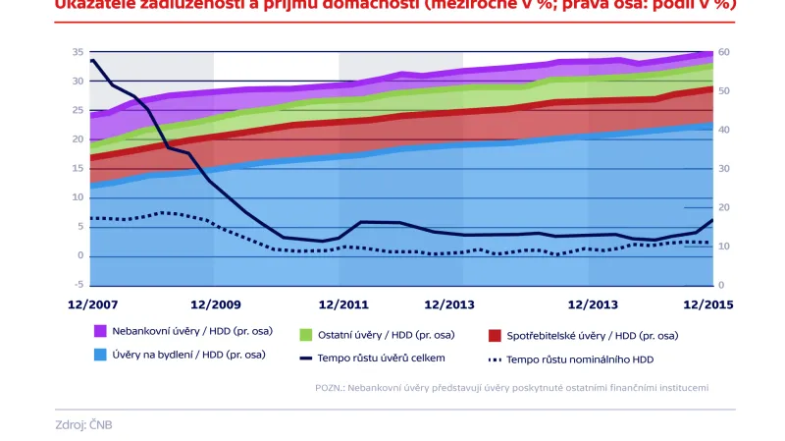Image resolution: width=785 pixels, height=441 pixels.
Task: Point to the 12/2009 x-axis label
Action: pos(217,304)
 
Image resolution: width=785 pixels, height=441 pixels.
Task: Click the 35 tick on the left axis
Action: pos(78,51)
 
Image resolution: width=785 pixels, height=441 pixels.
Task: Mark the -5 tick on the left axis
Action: pos(78,285)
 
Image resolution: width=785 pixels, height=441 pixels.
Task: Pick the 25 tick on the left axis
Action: pos(78,110)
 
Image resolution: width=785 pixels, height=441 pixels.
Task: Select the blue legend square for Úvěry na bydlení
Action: pos(100,355)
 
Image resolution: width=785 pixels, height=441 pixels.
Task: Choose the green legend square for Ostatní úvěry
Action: pos(305,335)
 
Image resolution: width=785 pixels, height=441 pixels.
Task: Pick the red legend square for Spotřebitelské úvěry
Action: pos(494,335)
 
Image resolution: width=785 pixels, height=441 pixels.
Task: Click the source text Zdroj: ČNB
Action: pos(84,424)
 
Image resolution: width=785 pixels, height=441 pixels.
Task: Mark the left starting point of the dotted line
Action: pos(91,218)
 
